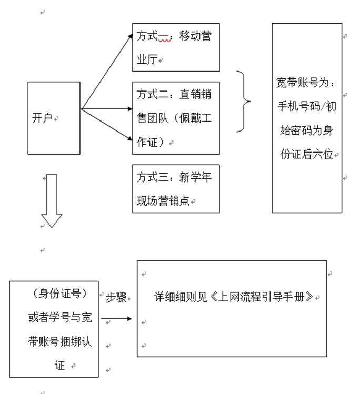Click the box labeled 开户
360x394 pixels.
54,118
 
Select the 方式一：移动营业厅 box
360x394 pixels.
176,47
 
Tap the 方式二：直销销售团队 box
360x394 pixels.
176,118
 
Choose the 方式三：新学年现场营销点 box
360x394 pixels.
176,189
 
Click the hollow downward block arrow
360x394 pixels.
52,200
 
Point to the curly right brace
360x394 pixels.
243,101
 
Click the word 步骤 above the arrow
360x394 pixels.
116,297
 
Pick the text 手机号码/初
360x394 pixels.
307,107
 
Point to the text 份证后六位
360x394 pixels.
308,155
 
